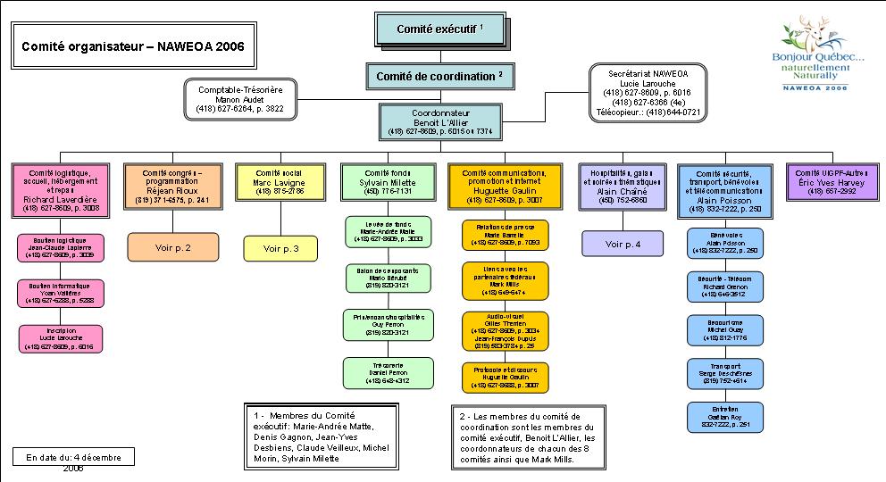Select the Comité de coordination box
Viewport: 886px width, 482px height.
point(440,77)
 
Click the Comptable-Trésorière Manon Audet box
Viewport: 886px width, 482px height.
point(239,98)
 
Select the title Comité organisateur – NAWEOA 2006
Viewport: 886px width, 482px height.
point(132,46)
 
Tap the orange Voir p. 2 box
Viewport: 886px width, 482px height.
point(173,245)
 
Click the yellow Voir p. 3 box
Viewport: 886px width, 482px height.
point(283,246)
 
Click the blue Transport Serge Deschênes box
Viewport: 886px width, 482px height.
point(724,373)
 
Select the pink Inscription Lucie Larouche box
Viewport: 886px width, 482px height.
point(61,338)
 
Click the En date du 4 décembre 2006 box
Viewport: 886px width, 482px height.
point(73,458)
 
